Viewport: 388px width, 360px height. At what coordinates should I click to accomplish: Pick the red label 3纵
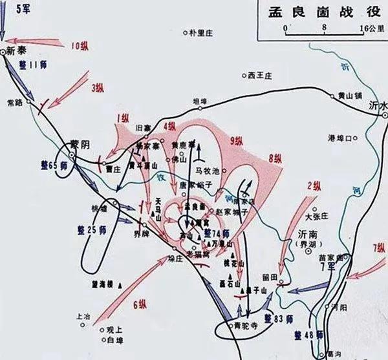click(x=98, y=87)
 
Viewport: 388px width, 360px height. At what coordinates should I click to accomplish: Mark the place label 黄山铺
click(x=349, y=95)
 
